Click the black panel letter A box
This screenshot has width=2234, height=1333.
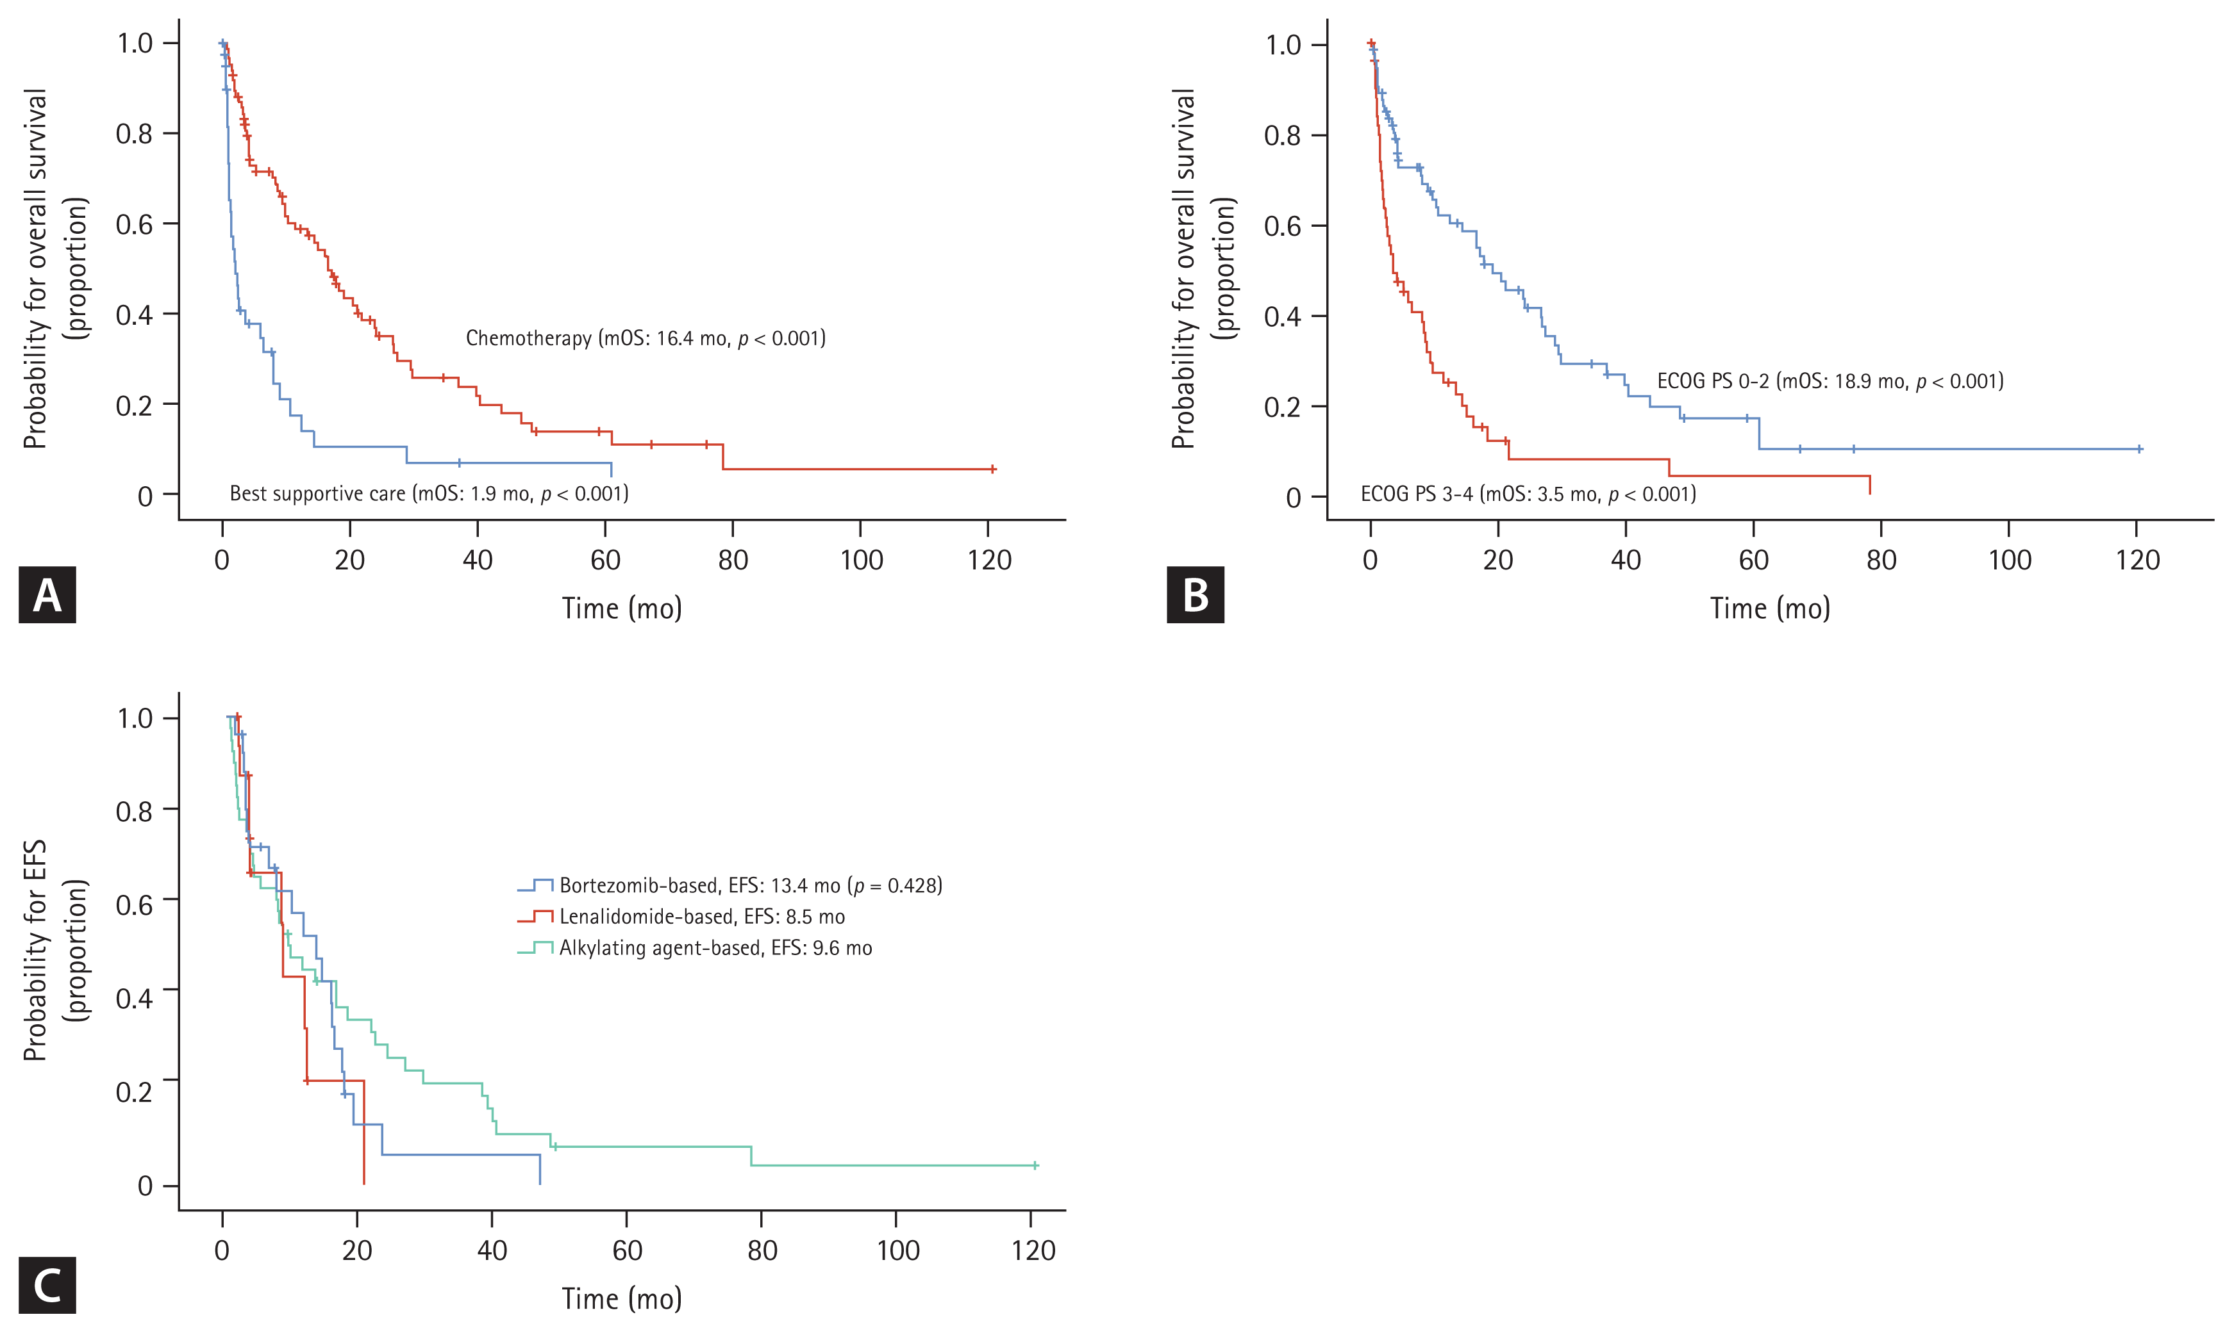[47, 594]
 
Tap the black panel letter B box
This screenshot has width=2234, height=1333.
[1195, 594]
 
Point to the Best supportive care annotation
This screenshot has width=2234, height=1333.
[429, 493]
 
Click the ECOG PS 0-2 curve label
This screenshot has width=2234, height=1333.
[1830, 381]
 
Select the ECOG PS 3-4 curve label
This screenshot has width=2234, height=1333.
[1528, 494]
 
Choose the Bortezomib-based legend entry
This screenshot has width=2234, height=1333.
[729, 886]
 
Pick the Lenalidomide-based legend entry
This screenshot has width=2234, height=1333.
[681, 917]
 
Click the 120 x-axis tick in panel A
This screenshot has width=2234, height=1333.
[988, 560]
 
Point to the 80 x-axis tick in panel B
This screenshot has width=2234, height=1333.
[1881, 560]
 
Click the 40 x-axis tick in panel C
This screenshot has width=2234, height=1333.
[492, 1250]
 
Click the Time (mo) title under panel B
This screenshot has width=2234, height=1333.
[1769, 609]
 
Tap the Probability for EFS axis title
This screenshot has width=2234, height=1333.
[54, 951]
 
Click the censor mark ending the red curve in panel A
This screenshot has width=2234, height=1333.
[993, 469]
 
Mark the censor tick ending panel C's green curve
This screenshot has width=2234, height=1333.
[1035, 1165]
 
